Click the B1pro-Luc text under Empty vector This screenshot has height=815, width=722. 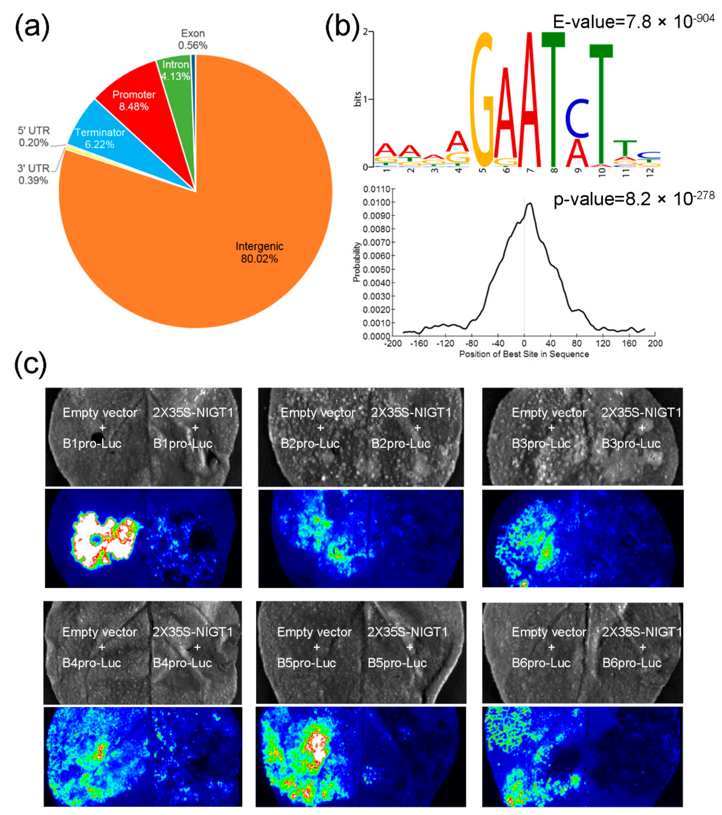(x=92, y=443)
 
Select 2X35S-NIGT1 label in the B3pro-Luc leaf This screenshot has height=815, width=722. (x=641, y=412)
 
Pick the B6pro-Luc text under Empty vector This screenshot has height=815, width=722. (x=541, y=663)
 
